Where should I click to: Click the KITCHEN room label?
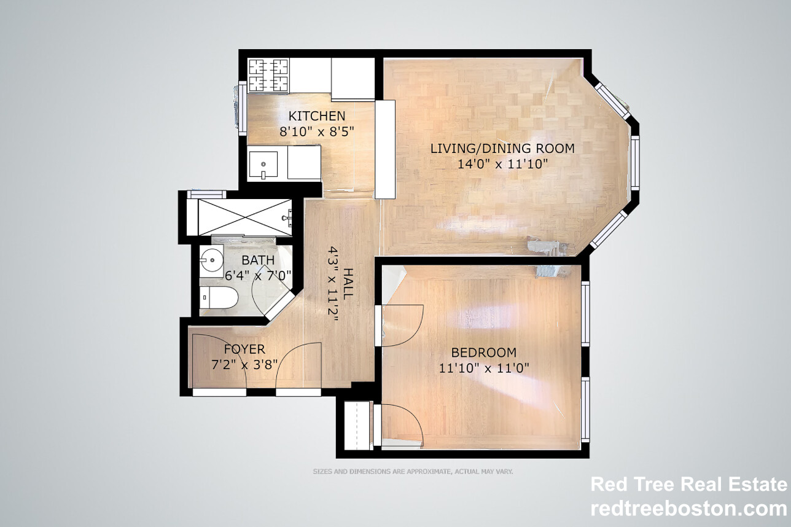317,116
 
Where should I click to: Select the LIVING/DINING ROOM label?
502,148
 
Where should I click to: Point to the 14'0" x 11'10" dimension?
502,163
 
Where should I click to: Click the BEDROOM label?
484,353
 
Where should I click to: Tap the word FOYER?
244,349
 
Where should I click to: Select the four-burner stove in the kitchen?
268,75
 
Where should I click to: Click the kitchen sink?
263,164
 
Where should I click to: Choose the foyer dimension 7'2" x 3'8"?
244,364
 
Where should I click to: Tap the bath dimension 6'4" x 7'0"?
258,275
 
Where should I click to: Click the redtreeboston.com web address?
688,509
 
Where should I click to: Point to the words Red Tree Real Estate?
688,485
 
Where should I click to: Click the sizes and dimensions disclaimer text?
413,472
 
